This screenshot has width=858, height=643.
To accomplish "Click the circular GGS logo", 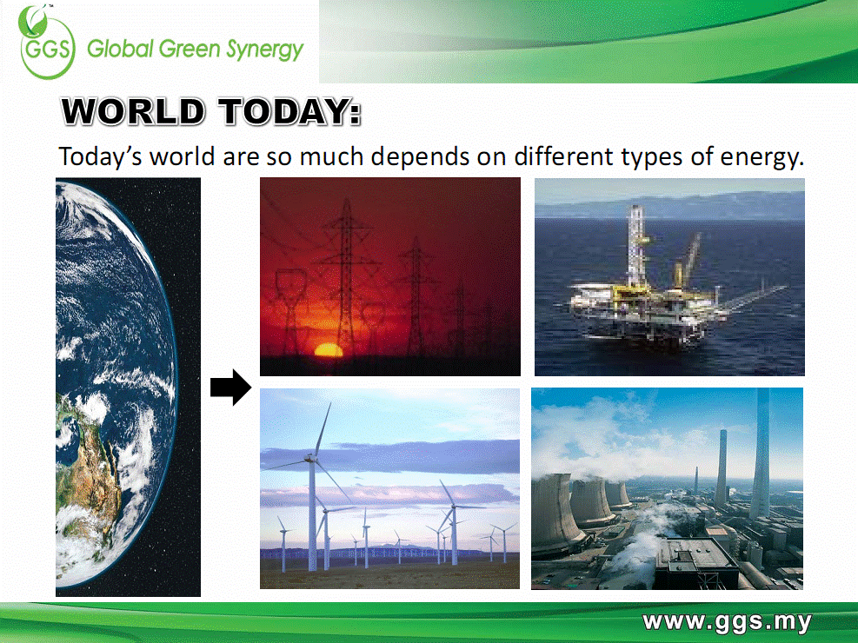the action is pos(47,43).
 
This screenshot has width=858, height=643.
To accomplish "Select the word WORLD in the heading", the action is pos(134,111).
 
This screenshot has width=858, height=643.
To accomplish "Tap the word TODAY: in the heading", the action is pos(290,111).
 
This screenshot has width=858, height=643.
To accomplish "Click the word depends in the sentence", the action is pos(420,157).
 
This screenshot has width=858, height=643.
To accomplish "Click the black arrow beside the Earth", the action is pos(231,388).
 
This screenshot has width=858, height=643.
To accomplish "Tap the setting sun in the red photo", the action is pos(329,350).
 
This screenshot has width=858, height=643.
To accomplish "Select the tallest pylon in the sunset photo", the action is pos(346,279).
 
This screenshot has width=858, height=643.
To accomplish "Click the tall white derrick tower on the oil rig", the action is pos(637,246).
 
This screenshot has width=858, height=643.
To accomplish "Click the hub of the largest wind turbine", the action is pos(312,458).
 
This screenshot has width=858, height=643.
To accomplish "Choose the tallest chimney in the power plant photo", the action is pos(761,454).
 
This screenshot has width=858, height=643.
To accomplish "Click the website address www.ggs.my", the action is pos(728,622).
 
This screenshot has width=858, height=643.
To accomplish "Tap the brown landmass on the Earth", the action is pos(88,470).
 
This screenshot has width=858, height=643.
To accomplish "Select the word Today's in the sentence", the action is pos(101,157).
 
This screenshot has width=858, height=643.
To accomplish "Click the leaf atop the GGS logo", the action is pos(33,19).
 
